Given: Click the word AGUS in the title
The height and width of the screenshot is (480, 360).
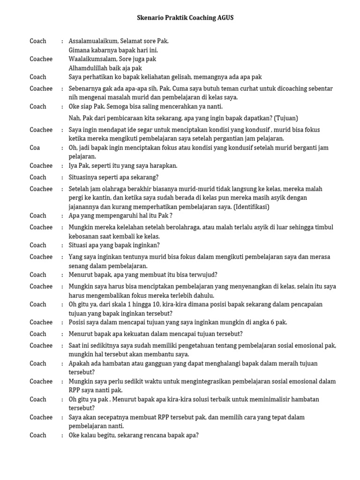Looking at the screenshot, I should click(x=224, y=18).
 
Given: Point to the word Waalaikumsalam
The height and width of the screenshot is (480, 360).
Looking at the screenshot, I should click(x=91, y=59).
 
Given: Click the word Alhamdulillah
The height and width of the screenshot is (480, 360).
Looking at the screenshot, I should click(x=88, y=68).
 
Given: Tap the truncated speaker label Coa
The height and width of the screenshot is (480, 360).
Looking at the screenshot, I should click(x=35, y=148).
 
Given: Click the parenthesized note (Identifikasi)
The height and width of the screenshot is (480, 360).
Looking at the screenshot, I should click(x=251, y=207).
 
